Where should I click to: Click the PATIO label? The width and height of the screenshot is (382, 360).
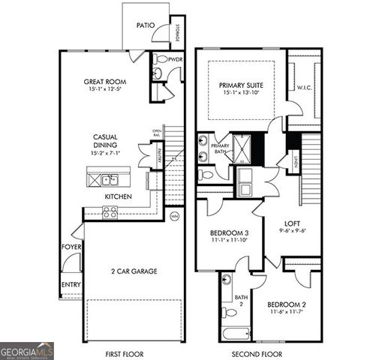click(x=146, y=25)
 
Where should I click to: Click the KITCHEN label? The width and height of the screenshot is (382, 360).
click(x=119, y=196)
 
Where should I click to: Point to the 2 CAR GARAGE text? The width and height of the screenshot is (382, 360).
click(x=134, y=271)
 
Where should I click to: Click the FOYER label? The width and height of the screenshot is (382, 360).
click(x=71, y=247)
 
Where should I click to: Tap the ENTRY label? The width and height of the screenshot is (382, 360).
click(x=71, y=284)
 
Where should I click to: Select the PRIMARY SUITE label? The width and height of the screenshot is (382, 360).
click(x=242, y=85)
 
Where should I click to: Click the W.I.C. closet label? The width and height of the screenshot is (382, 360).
click(x=304, y=88)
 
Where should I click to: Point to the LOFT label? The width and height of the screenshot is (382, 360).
click(x=292, y=223)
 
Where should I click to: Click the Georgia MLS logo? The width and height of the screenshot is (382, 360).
click(x=27, y=350)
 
